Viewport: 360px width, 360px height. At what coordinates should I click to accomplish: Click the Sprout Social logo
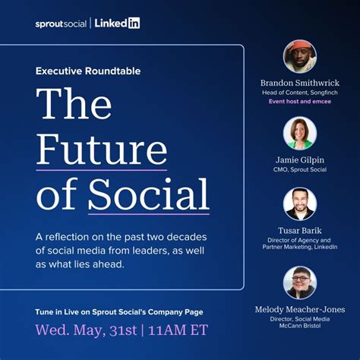(x=61, y=24)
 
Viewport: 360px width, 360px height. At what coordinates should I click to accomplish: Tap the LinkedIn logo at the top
(x=116, y=24)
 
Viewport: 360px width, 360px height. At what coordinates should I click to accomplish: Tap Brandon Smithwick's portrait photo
(x=299, y=56)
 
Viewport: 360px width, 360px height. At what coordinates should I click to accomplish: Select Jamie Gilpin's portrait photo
(x=299, y=132)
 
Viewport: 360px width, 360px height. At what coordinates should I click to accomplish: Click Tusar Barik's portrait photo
(x=299, y=204)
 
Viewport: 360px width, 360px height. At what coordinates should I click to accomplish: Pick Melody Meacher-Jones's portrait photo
(x=299, y=282)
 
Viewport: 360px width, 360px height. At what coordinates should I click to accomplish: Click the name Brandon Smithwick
(x=299, y=83)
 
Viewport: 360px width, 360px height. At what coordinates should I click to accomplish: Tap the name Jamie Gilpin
(x=299, y=159)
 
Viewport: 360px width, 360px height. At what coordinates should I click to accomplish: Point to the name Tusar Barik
(x=299, y=231)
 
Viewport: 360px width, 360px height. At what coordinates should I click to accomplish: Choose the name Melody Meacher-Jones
(x=299, y=309)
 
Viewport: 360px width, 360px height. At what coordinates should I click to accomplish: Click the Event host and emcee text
(x=299, y=101)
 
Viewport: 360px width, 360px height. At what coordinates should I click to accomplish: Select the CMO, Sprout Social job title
(x=299, y=169)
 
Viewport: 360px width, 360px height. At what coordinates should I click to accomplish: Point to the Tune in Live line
(x=119, y=311)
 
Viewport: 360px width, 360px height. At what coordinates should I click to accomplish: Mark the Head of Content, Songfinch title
(x=299, y=92)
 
